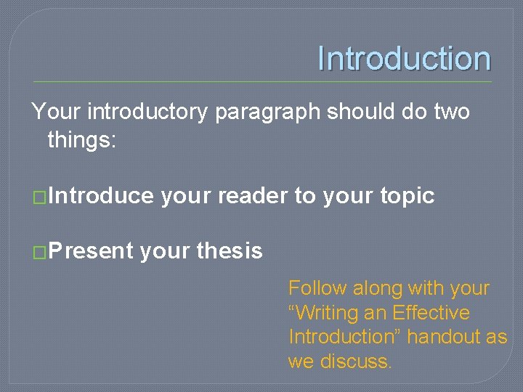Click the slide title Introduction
[404, 59]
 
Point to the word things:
[81, 139]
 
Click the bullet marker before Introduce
[40, 197]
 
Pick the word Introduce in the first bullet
[101, 196]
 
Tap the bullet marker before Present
[40, 252]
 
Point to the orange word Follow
[317, 288]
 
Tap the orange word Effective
[431, 313]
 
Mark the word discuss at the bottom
[355, 361]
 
